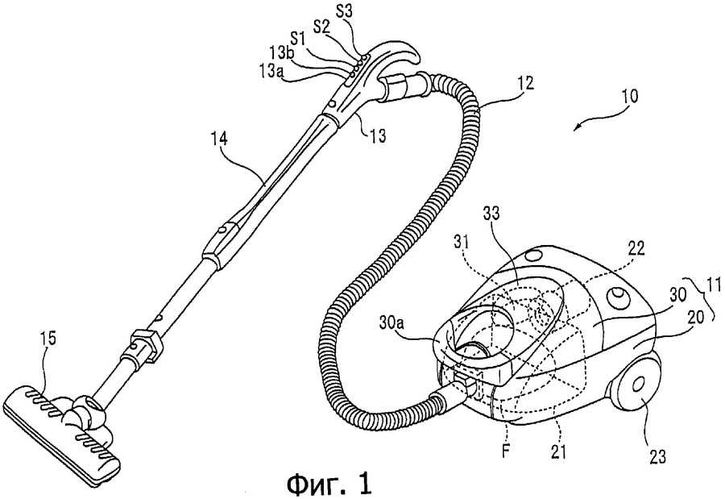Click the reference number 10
click(629, 96)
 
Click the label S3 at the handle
click(343, 11)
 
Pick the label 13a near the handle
click(272, 72)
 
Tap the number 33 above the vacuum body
click(492, 214)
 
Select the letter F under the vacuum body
click(507, 451)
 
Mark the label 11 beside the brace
click(713, 285)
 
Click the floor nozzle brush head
click(61, 430)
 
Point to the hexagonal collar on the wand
click(147, 345)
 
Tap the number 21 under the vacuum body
click(558, 450)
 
